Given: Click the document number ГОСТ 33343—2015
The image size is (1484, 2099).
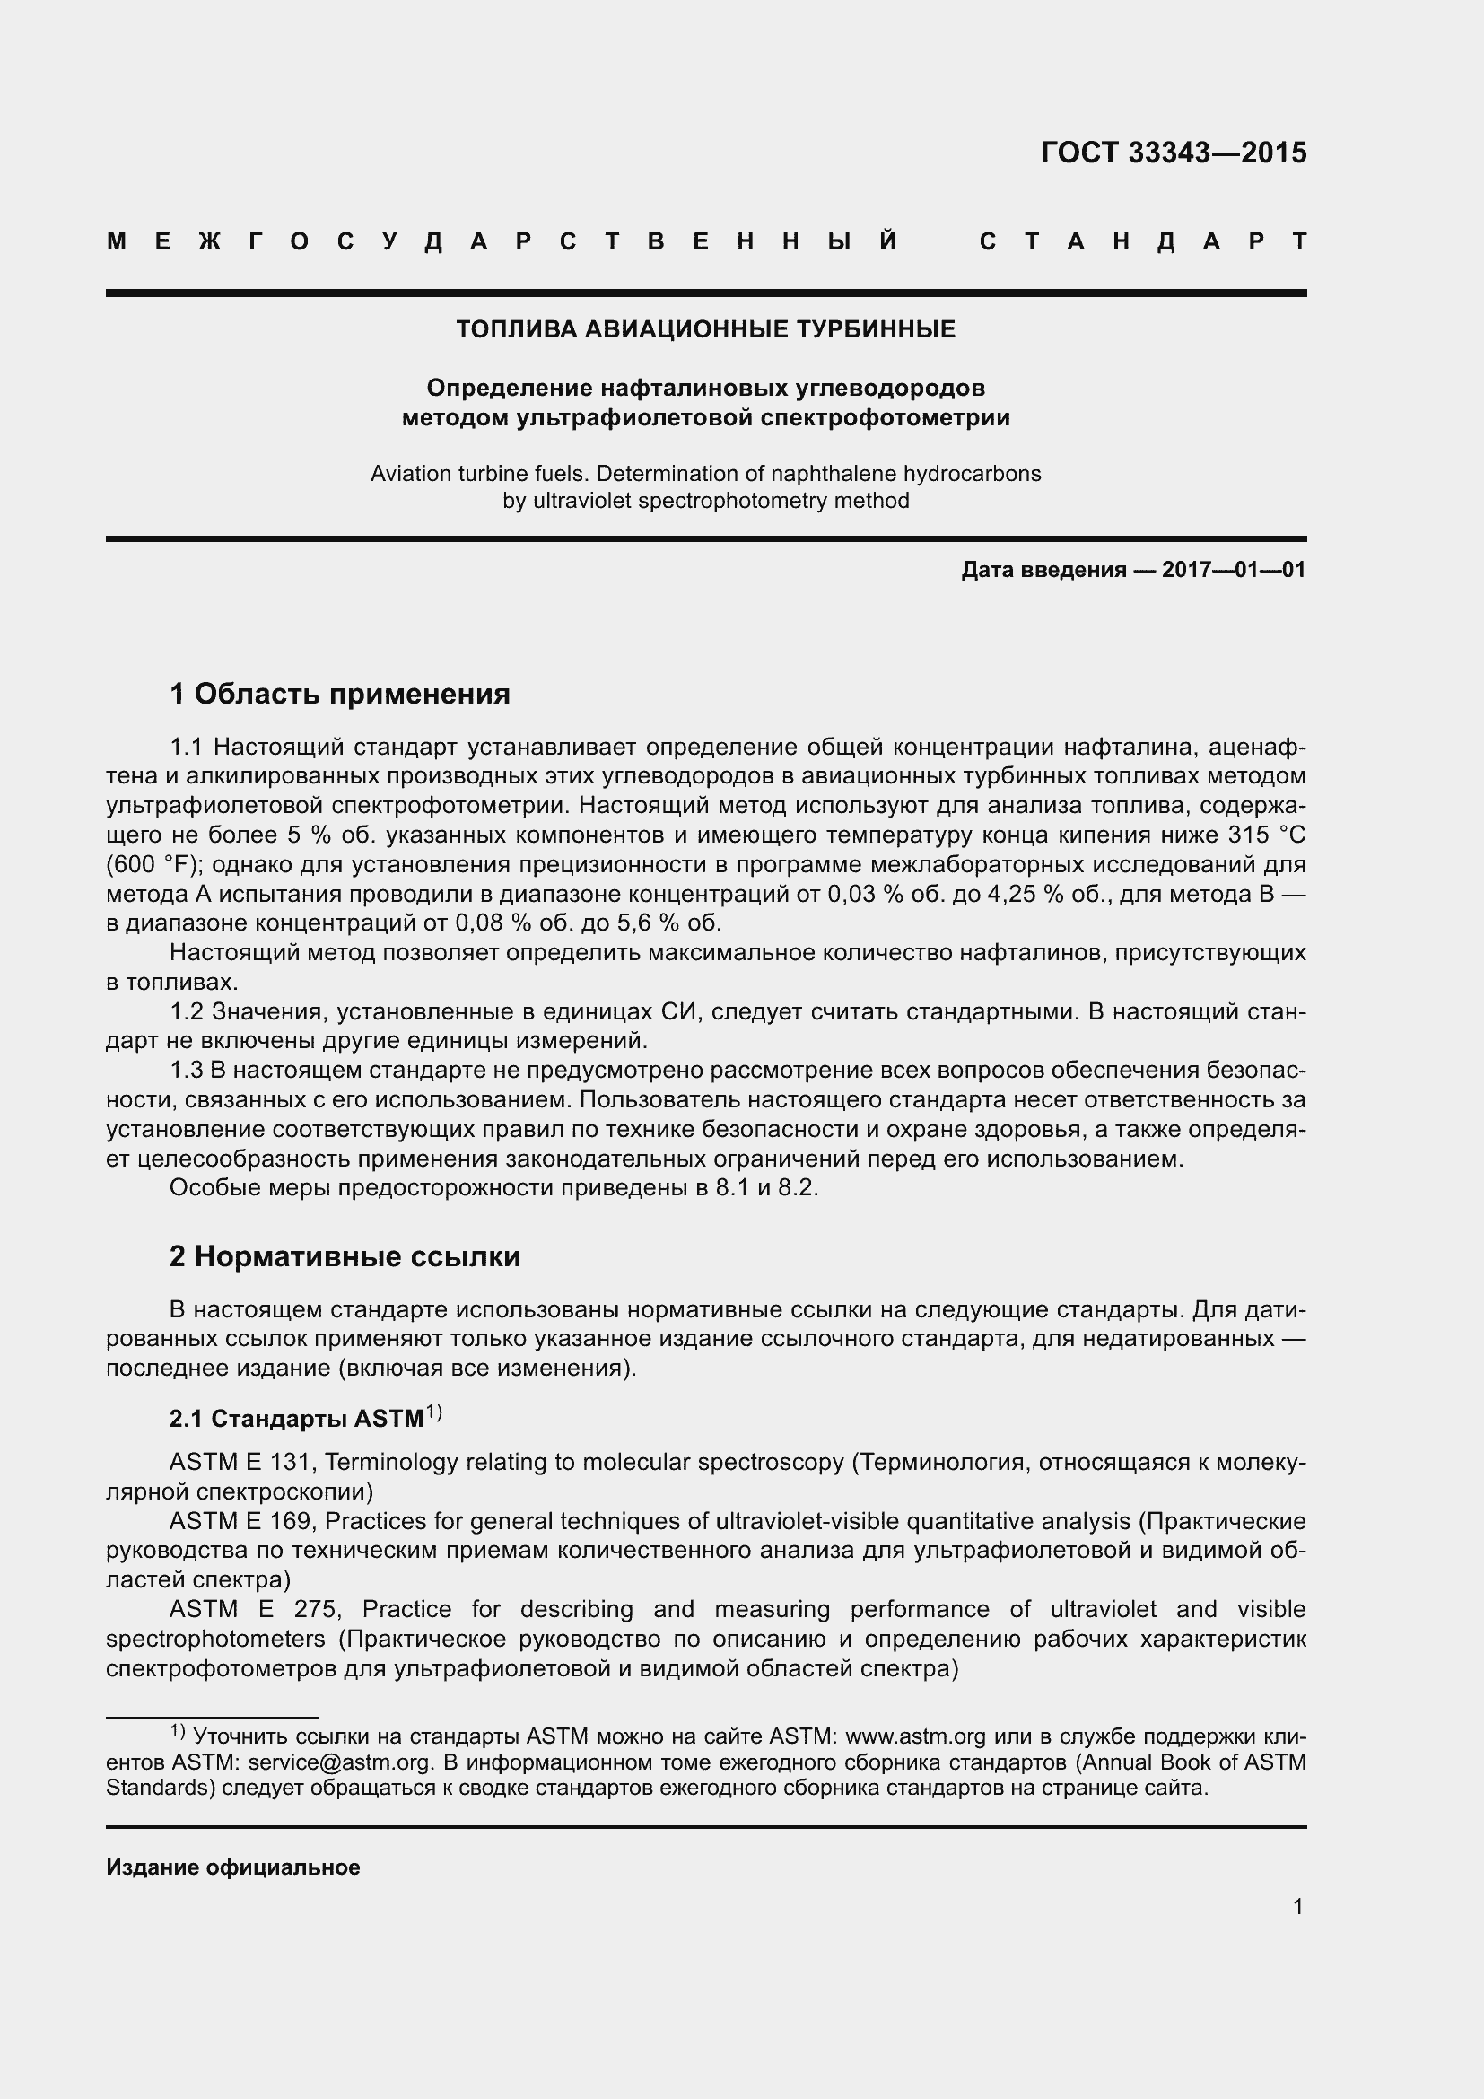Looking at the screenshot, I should [x=1174, y=153].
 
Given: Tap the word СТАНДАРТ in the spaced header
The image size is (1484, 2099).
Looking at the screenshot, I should [x=1143, y=242].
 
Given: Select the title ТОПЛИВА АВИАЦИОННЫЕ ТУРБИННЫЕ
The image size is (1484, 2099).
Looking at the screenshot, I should [x=705, y=330].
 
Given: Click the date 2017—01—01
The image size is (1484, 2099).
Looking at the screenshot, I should [x=1234, y=571].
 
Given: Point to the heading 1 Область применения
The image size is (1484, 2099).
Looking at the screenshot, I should [x=339, y=695].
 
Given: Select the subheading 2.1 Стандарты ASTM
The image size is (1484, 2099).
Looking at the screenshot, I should [x=296, y=1419].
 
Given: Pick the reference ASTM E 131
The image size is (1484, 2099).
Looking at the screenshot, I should [x=240, y=1463].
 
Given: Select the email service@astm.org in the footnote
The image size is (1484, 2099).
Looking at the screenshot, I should [x=339, y=1762].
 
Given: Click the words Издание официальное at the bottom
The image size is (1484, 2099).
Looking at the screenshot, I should [x=233, y=1867].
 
